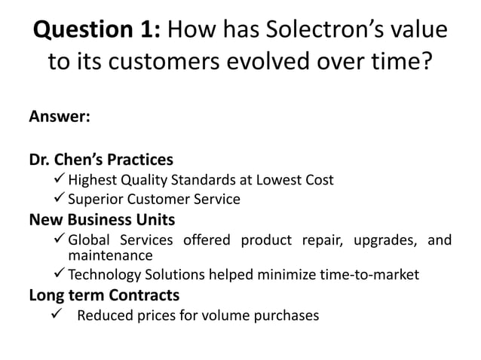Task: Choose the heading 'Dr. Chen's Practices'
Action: [x=101, y=160]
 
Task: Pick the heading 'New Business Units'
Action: [x=102, y=220]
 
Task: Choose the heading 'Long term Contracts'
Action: [x=104, y=294]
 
